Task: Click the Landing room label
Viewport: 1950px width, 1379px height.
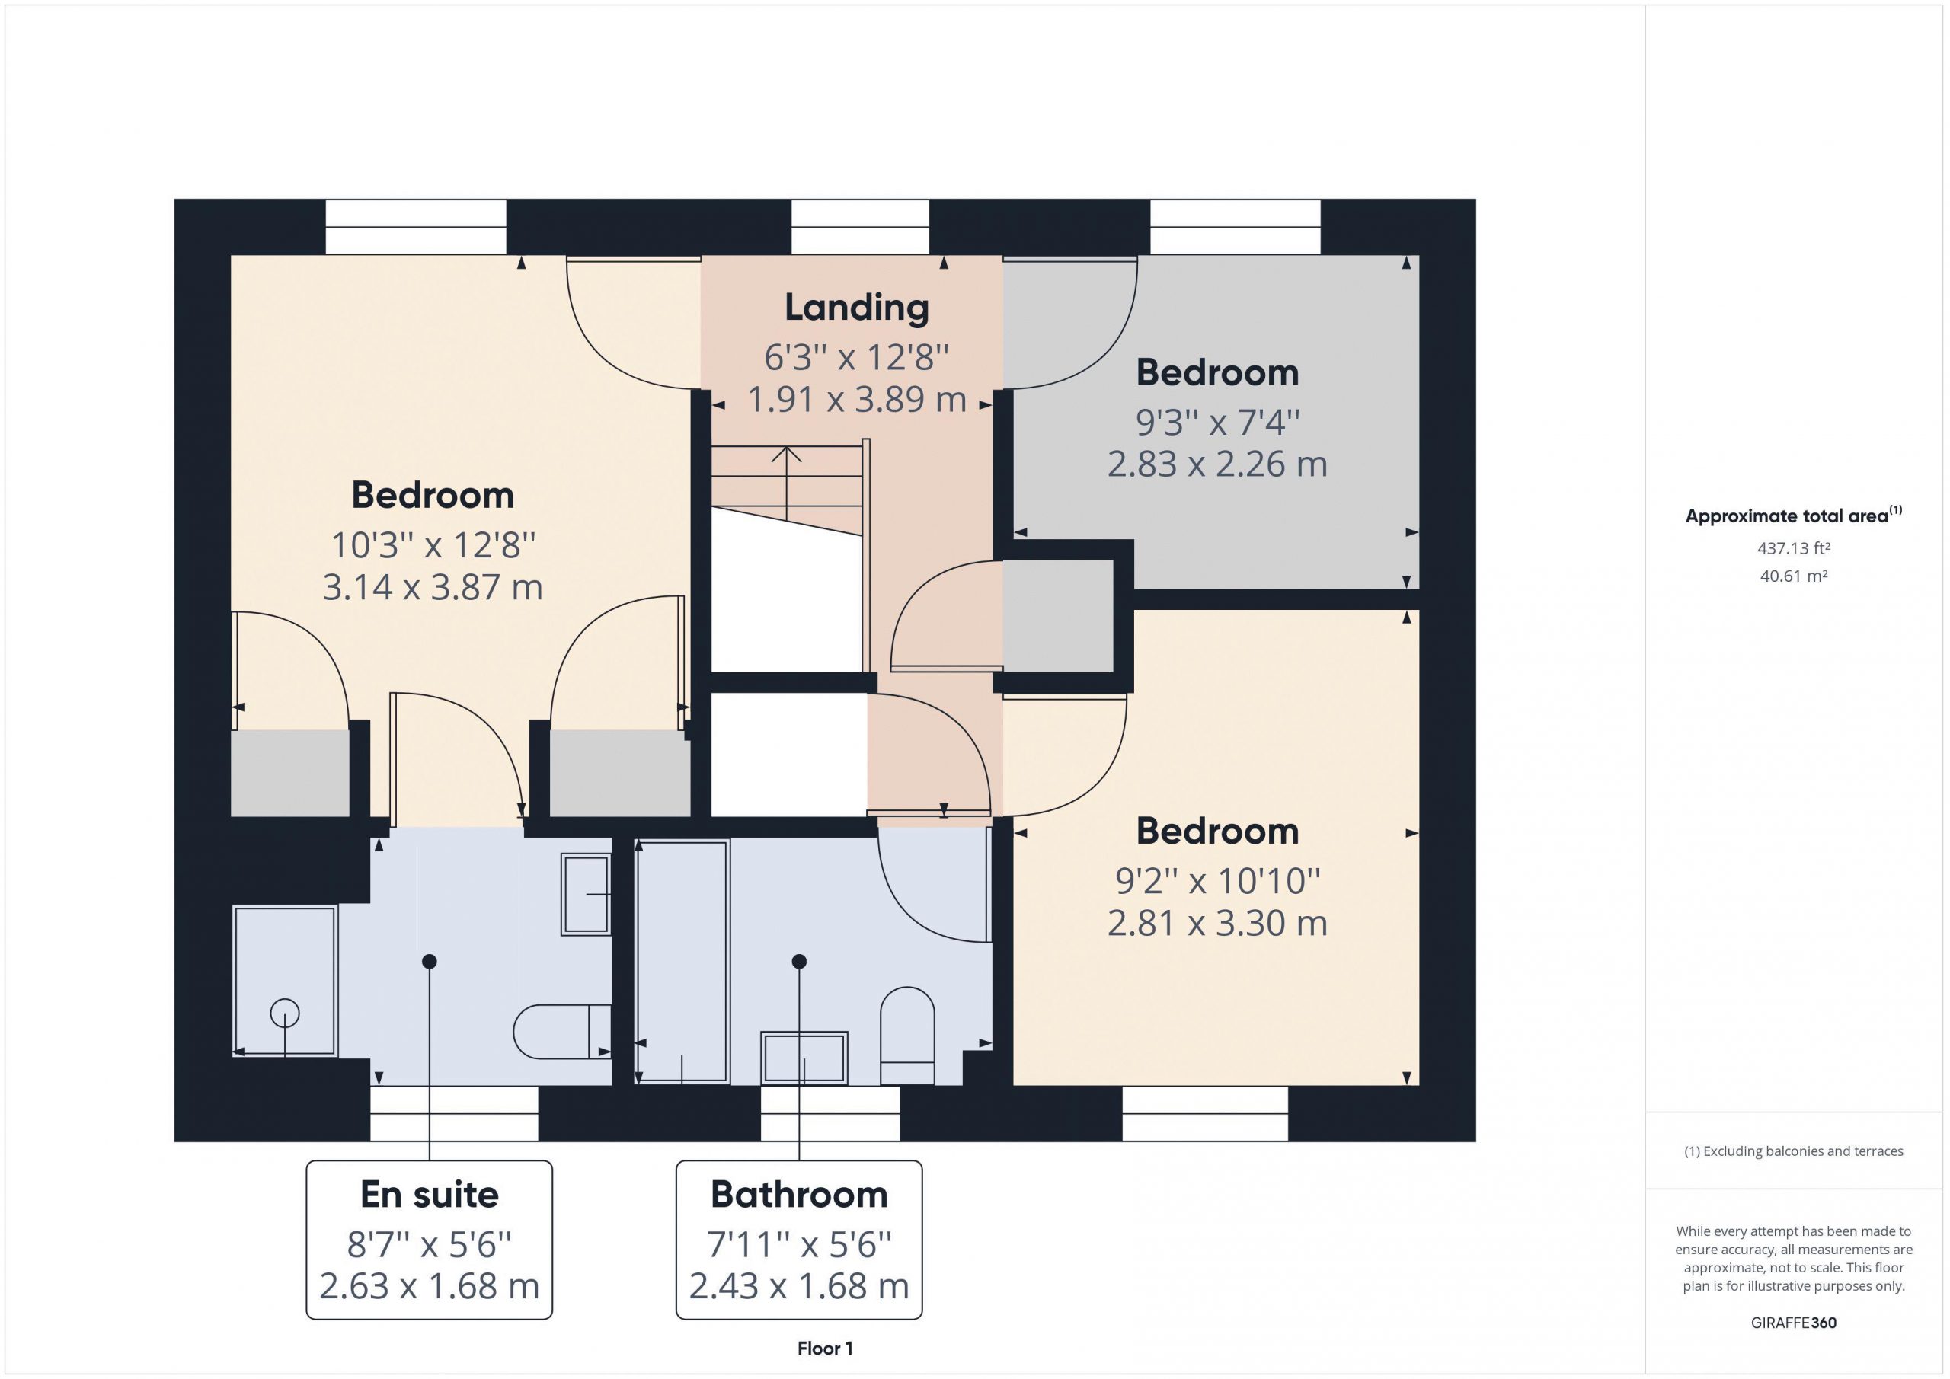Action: pos(856,308)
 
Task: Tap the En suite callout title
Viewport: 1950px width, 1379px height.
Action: pos(429,1194)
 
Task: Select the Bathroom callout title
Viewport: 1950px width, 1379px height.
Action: pos(799,1194)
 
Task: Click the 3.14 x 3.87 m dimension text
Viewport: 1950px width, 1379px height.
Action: pos(433,587)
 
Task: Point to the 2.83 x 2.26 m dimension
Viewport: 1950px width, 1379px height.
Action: pos(1217,464)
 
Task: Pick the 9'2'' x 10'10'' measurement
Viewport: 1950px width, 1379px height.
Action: pos(1217,880)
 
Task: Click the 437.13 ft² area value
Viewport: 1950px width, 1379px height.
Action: pos(1793,548)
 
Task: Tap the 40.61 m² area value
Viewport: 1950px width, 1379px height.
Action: pos(1793,576)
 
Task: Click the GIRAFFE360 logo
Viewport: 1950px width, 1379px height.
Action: pos(1793,1322)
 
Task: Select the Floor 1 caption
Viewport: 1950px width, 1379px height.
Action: pos(825,1348)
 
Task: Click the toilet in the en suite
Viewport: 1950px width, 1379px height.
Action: pos(562,1032)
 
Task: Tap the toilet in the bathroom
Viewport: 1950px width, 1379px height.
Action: pos(907,1036)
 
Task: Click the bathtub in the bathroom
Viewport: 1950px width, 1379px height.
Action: pos(682,961)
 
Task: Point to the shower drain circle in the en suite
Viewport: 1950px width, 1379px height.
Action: pos(285,1013)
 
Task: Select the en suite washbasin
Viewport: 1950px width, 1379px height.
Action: pos(586,895)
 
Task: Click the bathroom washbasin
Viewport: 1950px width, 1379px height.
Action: pos(804,1058)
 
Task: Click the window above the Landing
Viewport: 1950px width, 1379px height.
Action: pos(859,227)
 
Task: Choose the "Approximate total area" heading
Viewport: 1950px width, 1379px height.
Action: pos(1793,515)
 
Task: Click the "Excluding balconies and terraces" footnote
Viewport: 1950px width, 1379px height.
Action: pos(1793,1151)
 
